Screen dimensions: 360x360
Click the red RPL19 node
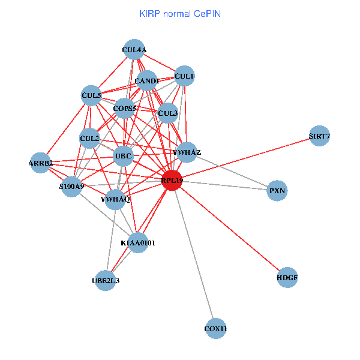click(x=172, y=181)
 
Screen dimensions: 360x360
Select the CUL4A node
click(x=134, y=49)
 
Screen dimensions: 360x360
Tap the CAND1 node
click(x=147, y=81)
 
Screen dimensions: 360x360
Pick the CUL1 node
click(x=184, y=76)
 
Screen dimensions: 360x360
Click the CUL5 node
click(x=91, y=95)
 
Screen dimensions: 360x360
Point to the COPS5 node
click(x=125, y=109)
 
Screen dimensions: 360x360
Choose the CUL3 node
click(x=168, y=113)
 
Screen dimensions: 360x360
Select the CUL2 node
click(x=89, y=139)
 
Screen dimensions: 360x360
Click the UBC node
click(x=123, y=157)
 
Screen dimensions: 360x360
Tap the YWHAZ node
click(x=187, y=152)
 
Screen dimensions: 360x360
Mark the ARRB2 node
click(x=41, y=163)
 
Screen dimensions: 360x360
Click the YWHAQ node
click(x=115, y=199)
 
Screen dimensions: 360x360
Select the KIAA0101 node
click(x=138, y=243)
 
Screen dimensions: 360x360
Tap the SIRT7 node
click(x=319, y=136)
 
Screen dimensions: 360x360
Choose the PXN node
click(x=277, y=191)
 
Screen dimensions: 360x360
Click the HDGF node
click(x=288, y=278)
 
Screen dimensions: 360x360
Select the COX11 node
click(x=216, y=329)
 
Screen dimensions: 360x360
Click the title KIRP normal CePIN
click(x=180, y=13)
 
